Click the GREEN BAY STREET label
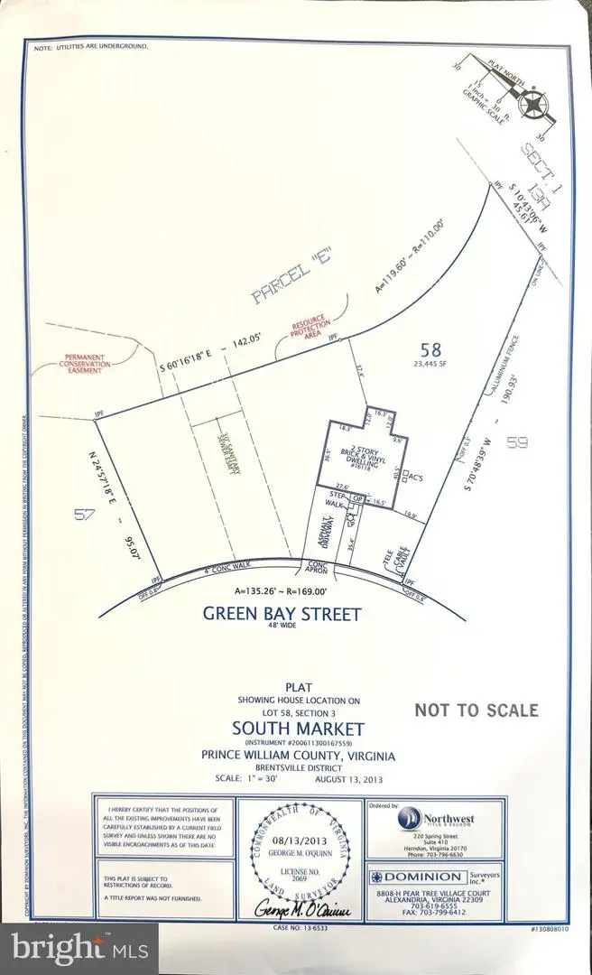point(282,615)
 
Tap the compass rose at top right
point(535,105)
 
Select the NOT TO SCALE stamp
point(476,710)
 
